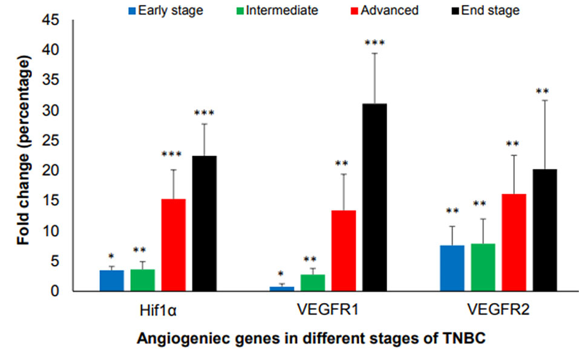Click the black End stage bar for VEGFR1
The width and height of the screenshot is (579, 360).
[374, 197]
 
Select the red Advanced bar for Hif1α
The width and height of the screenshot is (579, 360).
[173, 245]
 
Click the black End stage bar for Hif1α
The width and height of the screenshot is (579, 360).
[204, 223]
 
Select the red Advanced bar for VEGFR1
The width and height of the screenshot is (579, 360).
[343, 250]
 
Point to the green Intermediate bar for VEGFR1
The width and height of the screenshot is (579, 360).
[312, 283]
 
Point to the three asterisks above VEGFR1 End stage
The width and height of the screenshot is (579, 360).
[374, 42]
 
